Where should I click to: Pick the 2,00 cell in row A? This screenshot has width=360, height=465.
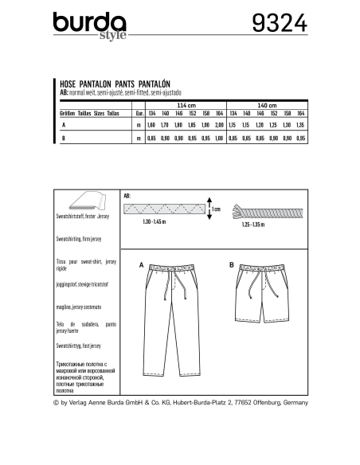(218, 126)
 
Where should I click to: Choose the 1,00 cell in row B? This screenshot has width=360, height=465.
(218, 139)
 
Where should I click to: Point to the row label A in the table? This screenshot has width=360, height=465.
(63, 126)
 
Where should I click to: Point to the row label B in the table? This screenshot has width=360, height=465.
(63, 139)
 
